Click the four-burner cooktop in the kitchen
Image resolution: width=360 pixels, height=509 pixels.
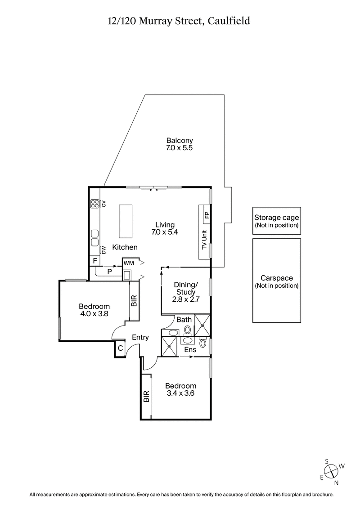pyautogui.click(x=94, y=204)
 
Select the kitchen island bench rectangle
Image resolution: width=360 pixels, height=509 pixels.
pyautogui.click(x=126, y=221)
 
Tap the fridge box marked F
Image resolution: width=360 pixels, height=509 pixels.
pyautogui.click(x=95, y=261)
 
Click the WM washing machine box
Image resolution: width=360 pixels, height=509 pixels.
pyautogui.click(x=129, y=262)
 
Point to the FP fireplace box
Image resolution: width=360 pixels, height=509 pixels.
pyautogui.click(x=207, y=215)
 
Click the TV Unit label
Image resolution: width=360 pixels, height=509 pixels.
pyautogui.click(x=204, y=240)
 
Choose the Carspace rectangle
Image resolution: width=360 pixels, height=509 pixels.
pyautogui.click(x=276, y=281)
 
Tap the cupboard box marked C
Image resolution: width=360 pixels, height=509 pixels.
pyautogui.click(x=120, y=348)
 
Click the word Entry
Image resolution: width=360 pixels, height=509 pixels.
pyautogui.click(x=140, y=338)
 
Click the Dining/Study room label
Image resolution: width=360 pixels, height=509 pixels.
pyautogui.click(x=185, y=288)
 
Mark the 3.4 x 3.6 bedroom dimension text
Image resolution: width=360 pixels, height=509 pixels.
pyautogui.click(x=180, y=393)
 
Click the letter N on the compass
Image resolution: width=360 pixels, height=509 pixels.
pyautogui.click(x=336, y=483)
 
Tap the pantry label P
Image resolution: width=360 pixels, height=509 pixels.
pyautogui.click(x=109, y=271)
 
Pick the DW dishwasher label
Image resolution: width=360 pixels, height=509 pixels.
pyautogui.click(x=103, y=250)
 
